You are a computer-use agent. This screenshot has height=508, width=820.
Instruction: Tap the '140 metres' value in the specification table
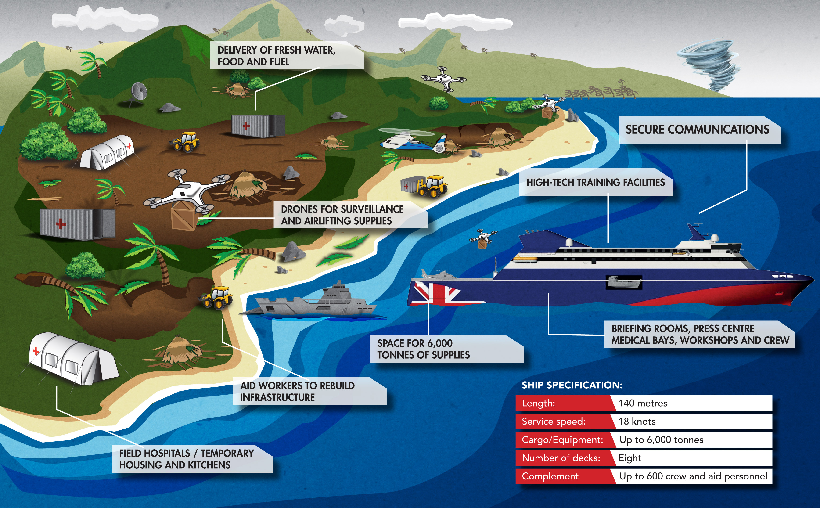click(x=643, y=403)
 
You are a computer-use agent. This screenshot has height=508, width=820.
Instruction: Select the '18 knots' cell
click(x=637, y=421)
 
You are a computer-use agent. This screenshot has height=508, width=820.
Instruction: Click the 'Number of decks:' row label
click(x=561, y=458)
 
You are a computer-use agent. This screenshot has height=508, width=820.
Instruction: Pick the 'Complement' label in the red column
click(x=550, y=476)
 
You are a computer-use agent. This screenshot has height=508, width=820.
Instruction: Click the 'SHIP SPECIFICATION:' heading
click(x=572, y=385)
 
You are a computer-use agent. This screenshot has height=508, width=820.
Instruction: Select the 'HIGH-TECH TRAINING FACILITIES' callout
click(x=595, y=182)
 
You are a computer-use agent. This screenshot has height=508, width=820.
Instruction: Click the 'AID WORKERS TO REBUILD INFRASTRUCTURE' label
click(x=297, y=391)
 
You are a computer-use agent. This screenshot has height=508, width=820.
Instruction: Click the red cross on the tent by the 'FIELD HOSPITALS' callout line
click(x=36, y=351)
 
